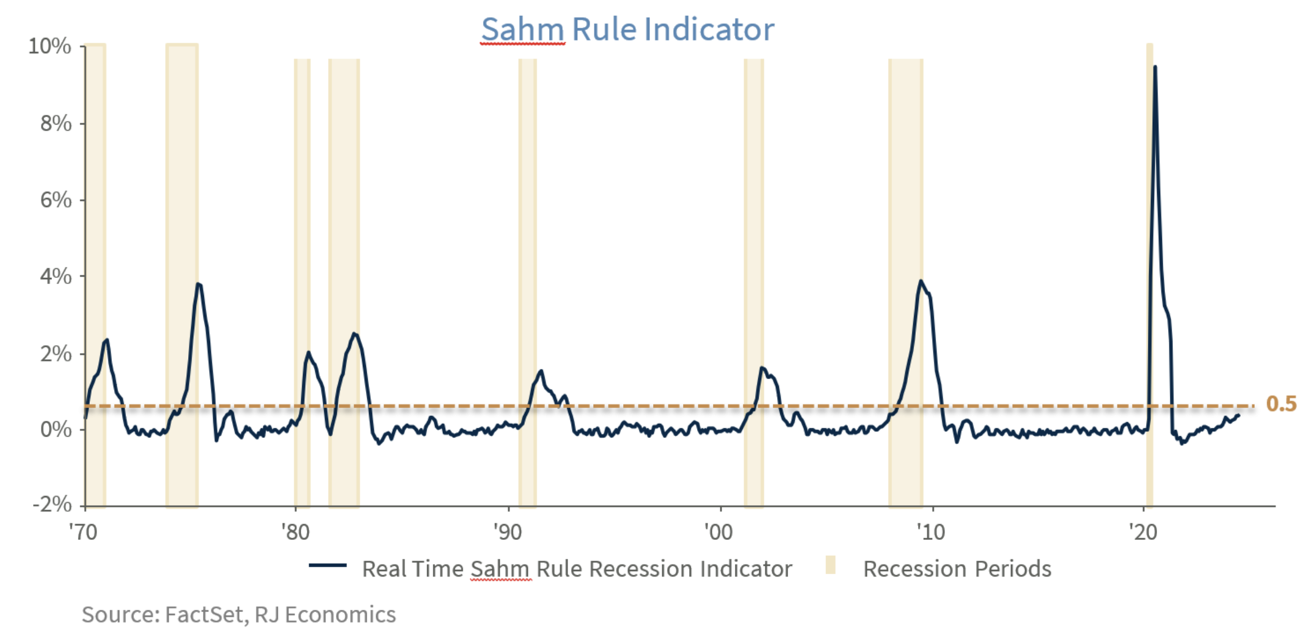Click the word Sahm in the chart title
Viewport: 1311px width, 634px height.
click(x=522, y=29)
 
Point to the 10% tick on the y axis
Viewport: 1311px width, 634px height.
click(x=50, y=46)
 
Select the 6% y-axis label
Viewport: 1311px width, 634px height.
click(x=56, y=200)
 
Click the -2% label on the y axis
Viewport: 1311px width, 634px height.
click(x=53, y=505)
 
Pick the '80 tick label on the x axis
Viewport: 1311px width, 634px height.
click(x=296, y=532)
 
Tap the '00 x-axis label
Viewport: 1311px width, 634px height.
click(x=718, y=532)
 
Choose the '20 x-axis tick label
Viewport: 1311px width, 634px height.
click(x=1142, y=532)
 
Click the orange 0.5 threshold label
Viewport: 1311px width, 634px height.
click(x=1281, y=404)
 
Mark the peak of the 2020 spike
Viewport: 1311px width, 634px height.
click(x=1155, y=67)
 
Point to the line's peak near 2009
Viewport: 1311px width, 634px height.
click(x=921, y=281)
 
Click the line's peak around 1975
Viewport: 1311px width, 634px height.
click(x=198, y=283)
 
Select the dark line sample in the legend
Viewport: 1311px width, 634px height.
click(x=327, y=566)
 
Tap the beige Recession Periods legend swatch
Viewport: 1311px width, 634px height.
click(x=830, y=565)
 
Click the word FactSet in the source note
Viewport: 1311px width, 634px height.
click(x=206, y=614)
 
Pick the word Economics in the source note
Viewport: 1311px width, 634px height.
click(x=340, y=614)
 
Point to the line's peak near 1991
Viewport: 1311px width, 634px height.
click(x=541, y=371)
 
